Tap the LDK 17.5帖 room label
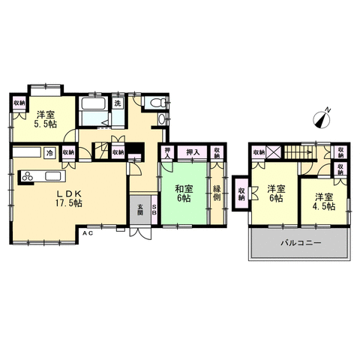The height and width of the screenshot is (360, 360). pos(69,199)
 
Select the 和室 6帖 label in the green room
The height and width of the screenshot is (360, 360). pos(184,193)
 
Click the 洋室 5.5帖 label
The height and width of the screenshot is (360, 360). pos(46,119)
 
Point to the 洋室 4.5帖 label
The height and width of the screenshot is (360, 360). pos(324,202)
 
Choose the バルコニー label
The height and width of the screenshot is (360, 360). pos(300,243)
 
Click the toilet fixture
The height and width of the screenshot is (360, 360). pos(157,103)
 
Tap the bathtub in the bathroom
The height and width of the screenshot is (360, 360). pos(93,103)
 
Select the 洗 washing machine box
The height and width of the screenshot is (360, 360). pos(118,103)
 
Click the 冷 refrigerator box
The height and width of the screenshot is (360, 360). pos(50,153)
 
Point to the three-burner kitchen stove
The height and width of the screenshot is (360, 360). pos(27,176)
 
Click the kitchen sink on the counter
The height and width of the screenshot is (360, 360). pos(52,176)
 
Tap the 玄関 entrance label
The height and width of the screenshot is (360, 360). pos(140,210)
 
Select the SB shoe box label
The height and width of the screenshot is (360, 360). pos(154,210)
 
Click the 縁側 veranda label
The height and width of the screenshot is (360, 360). pos(217,193)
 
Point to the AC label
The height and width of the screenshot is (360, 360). pos(88,233)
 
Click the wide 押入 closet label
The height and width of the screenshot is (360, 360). pos(193,152)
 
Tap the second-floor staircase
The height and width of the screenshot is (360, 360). pos(299,152)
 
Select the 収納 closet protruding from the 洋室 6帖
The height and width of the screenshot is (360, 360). pos(241,193)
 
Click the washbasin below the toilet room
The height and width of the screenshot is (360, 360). pos(162,119)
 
